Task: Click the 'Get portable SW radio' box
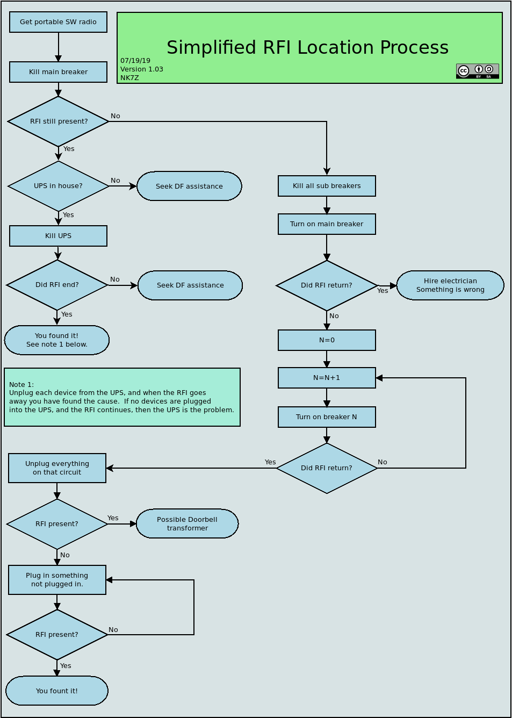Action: [x=59, y=22]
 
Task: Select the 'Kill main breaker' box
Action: [x=59, y=72]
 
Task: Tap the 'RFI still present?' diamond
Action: [x=59, y=121]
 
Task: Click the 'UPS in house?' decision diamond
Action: [x=59, y=186]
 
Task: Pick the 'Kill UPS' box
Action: [x=59, y=236]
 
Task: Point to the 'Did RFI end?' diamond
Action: [x=57, y=285]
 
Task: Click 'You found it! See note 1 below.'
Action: [x=57, y=340]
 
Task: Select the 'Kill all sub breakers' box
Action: [x=327, y=186]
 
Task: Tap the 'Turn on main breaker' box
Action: [x=327, y=224]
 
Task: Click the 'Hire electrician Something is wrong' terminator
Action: [x=450, y=285]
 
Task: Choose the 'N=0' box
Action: [x=327, y=340]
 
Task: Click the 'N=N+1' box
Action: [x=327, y=378]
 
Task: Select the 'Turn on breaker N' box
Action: [x=327, y=417]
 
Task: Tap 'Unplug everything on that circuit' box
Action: [x=57, y=468]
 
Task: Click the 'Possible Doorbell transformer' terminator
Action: [x=187, y=524]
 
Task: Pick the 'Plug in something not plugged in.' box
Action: [x=57, y=580]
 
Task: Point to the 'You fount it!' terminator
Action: [x=57, y=691]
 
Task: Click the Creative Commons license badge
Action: [x=478, y=71]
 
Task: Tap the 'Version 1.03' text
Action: [x=142, y=69]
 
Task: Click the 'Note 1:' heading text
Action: [x=21, y=385]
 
